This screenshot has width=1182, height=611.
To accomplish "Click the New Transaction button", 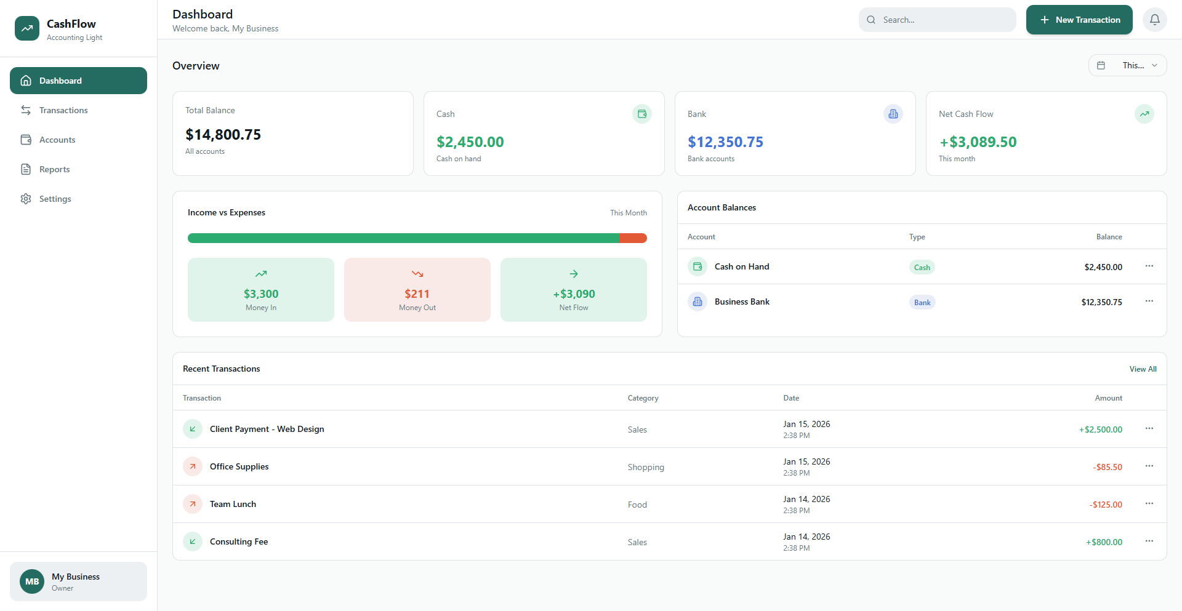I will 1079,20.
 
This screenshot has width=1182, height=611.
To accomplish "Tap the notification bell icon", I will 1154,20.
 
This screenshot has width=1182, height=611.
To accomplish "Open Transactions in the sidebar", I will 63,110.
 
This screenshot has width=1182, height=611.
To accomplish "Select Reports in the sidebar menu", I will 54,169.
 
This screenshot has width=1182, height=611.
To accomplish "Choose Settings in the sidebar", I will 55,199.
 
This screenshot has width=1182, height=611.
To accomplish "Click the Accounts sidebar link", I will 57,140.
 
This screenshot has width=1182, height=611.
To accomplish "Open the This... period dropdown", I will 1127,65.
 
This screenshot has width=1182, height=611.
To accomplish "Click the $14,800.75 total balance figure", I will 223,135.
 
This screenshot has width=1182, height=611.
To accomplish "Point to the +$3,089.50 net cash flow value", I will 978,142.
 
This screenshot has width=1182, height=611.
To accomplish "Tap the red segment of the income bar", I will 633,238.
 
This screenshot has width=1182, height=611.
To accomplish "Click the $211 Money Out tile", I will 417,290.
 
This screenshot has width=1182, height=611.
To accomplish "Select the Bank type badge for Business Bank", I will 922,302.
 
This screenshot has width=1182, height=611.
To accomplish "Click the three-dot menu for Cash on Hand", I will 1149,266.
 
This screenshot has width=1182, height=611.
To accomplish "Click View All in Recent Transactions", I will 1143,369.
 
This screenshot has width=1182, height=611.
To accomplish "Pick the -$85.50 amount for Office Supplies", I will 1108,467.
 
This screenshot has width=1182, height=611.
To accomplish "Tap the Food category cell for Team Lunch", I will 637,505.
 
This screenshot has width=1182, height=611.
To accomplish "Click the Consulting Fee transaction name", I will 239,541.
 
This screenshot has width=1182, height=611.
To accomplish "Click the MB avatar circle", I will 32,581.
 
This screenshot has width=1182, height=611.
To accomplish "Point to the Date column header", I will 791,398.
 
